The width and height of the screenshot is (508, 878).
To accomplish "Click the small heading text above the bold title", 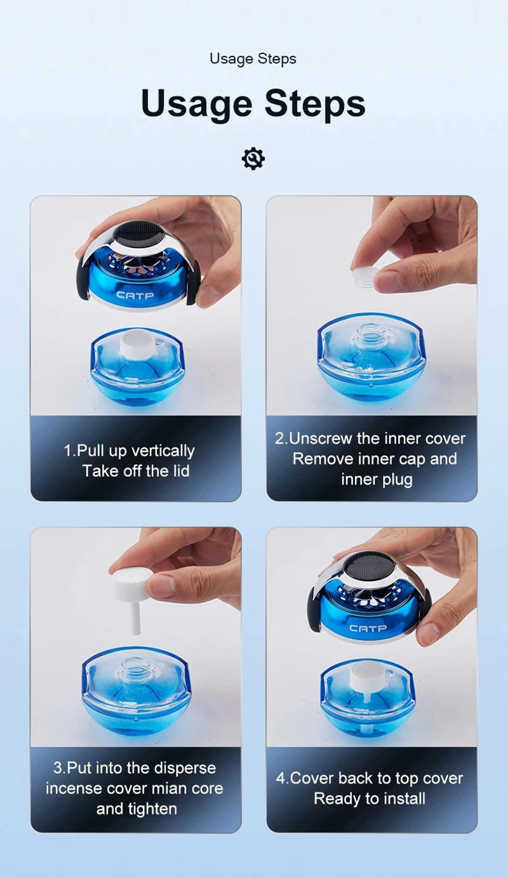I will click(253, 59).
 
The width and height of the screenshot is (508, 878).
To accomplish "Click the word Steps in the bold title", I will click(314, 103).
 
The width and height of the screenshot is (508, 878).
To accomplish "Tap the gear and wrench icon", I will click(253, 158).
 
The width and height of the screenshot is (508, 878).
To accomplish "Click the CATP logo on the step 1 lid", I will click(135, 294).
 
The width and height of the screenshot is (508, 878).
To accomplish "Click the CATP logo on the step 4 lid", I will click(368, 628).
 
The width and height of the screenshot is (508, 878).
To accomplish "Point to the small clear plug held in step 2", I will click(364, 278).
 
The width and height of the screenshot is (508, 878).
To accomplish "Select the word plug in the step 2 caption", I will click(398, 480).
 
